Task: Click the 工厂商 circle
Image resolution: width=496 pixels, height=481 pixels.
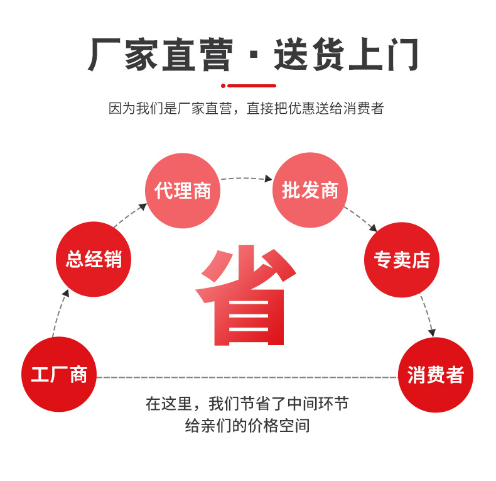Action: click(59, 375)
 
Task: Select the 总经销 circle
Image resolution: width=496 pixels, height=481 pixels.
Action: click(94, 259)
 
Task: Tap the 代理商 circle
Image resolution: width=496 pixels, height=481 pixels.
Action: click(183, 191)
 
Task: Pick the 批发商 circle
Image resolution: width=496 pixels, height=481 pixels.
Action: click(310, 191)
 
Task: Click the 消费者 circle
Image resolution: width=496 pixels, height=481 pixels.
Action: click(435, 375)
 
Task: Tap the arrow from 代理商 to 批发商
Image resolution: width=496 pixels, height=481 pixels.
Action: click(246, 179)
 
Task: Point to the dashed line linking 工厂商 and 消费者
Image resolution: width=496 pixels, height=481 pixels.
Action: click(247, 377)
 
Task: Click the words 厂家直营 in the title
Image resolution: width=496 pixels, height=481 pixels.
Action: click(161, 55)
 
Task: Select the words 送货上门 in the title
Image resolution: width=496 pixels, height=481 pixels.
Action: click(345, 55)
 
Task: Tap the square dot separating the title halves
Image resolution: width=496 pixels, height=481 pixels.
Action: click(253, 60)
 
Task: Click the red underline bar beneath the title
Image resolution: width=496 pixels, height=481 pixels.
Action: click(251, 86)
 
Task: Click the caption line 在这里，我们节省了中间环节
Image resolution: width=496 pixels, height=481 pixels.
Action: click(247, 403)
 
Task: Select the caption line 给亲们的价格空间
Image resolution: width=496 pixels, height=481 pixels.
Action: click(247, 426)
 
